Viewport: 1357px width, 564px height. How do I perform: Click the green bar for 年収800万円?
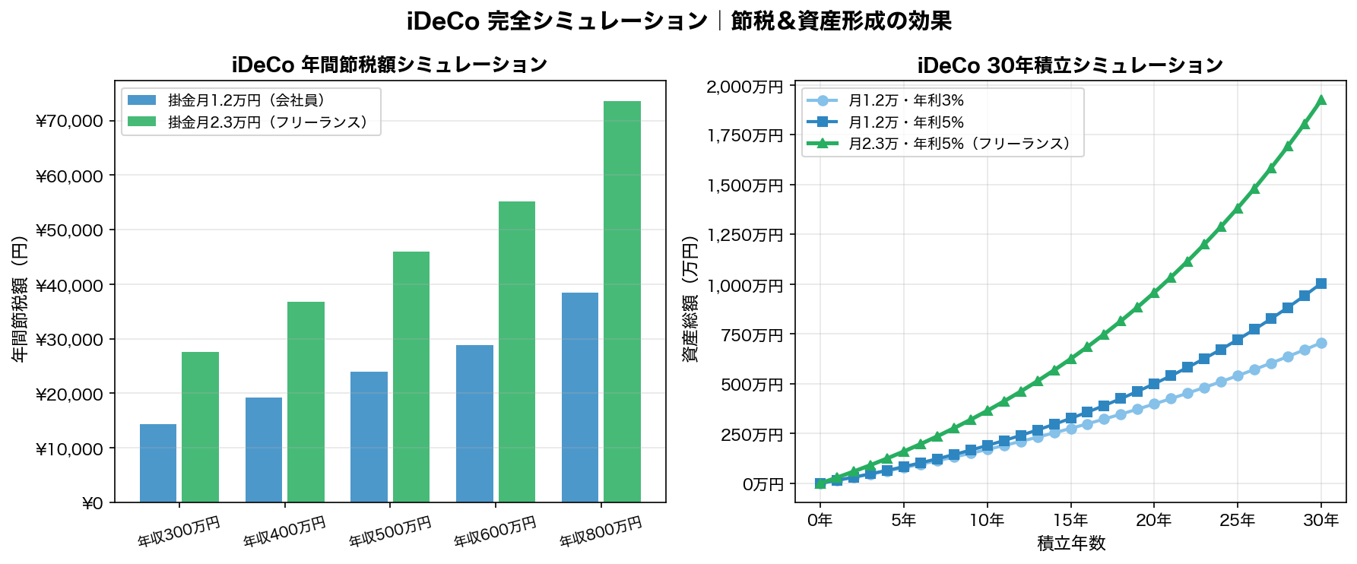(x=622, y=301)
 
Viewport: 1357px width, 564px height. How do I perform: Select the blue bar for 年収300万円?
(x=158, y=463)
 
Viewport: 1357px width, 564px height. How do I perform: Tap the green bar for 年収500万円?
(x=411, y=376)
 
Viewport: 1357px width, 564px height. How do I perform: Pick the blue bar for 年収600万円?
(x=474, y=423)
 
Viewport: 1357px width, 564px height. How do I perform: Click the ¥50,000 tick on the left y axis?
(x=69, y=230)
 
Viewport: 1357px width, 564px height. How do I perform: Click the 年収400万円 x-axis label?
(x=284, y=531)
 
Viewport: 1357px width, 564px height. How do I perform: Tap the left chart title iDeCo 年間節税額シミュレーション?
(x=389, y=65)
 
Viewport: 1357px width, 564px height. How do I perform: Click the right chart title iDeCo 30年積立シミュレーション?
(x=1070, y=65)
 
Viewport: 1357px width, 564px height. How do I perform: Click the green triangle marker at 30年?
(x=1321, y=100)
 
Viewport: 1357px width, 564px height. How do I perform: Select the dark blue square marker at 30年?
(x=1321, y=284)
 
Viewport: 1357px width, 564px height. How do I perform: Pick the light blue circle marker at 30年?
(x=1321, y=344)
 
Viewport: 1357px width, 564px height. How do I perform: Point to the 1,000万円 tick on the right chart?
(x=744, y=286)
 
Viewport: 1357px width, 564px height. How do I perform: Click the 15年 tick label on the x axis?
(x=1070, y=521)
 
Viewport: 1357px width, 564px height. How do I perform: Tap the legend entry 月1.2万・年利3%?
(x=905, y=100)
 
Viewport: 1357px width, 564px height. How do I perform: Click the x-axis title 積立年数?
(x=1070, y=543)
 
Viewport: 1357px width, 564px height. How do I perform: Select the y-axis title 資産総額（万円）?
(x=690, y=299)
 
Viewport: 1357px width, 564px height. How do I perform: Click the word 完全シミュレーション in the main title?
(x=597, y=21)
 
